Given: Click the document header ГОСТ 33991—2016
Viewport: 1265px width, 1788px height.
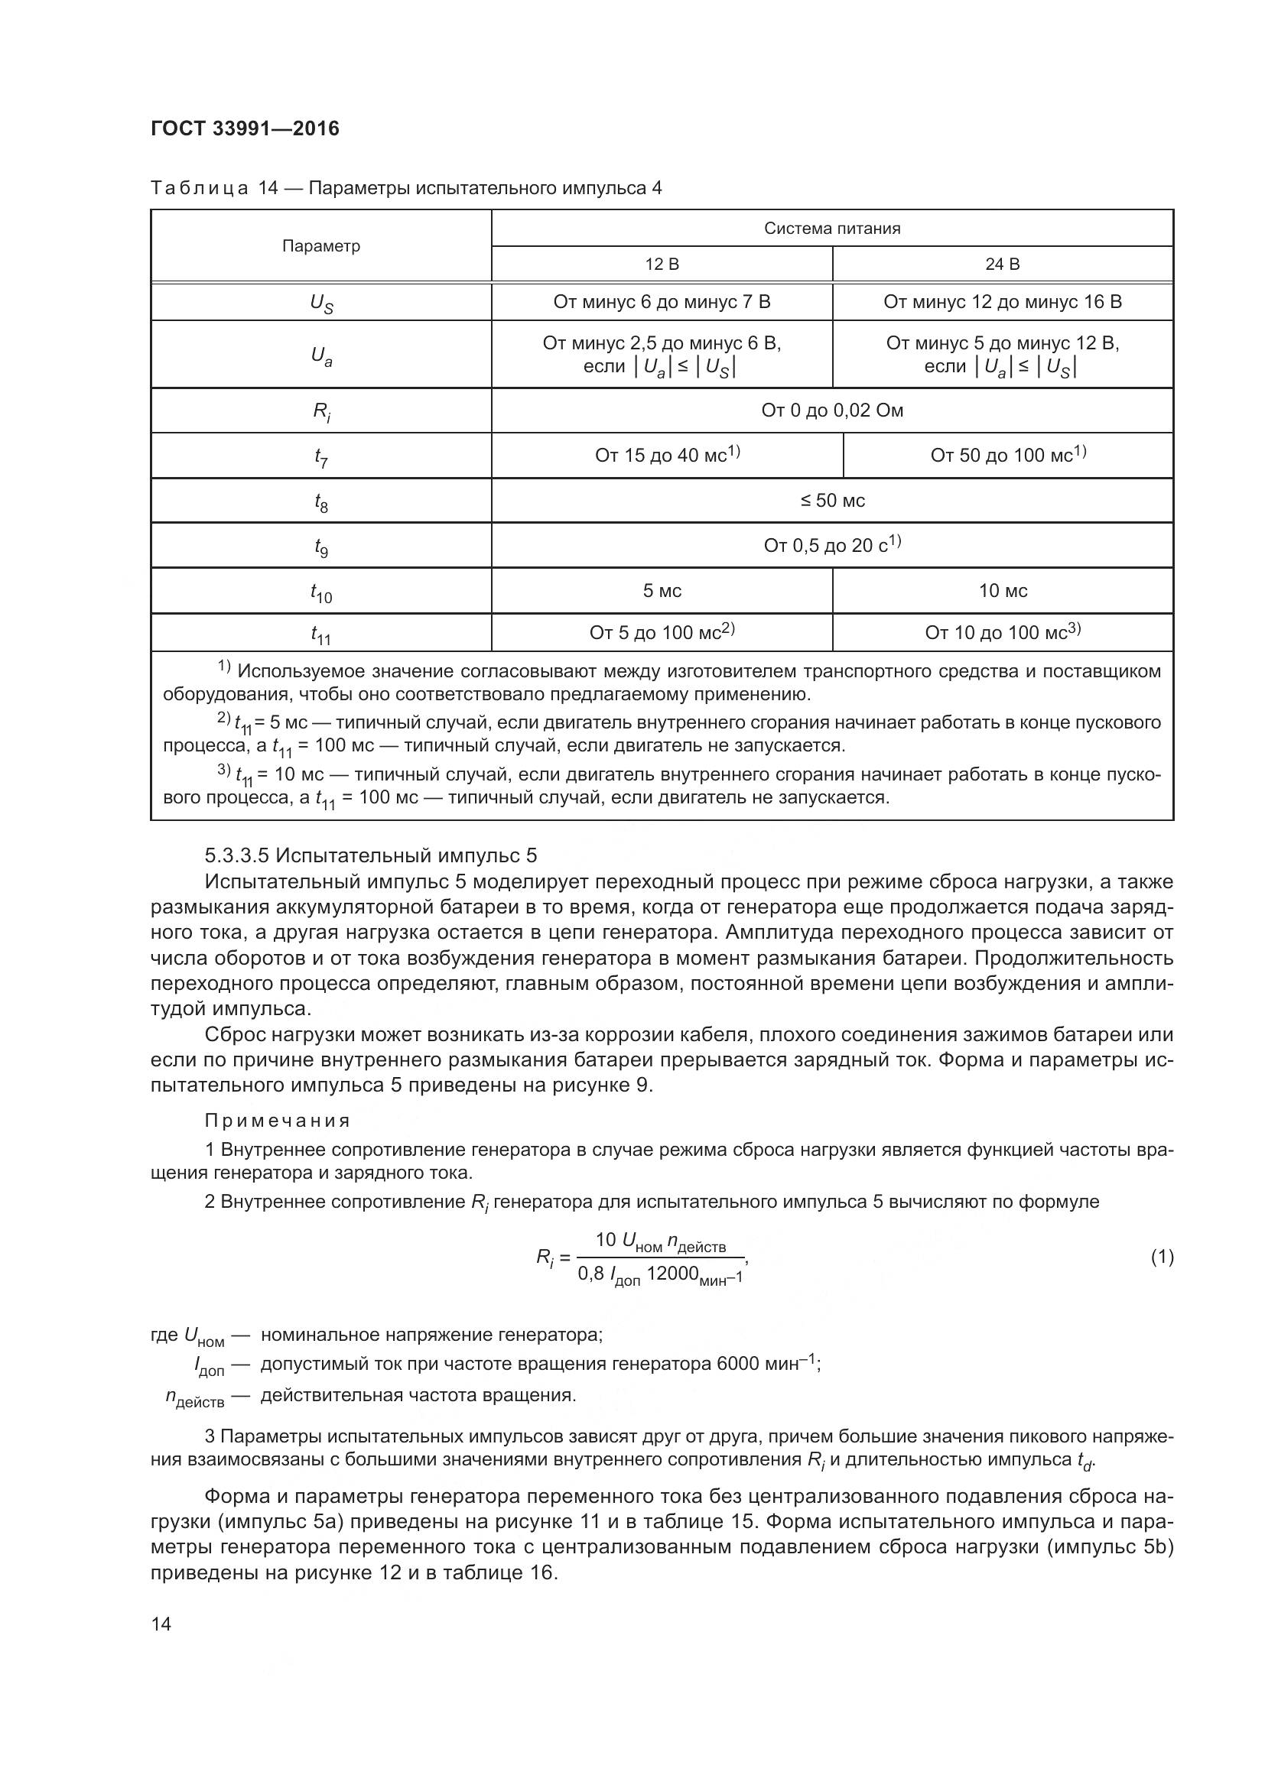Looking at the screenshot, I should click(x=245, y=129).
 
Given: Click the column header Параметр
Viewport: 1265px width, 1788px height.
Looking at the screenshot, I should click(x=321, y=246).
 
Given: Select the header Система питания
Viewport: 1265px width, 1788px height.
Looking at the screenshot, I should click(x=832, y=228).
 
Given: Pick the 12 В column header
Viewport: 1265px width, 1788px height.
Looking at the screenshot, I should click(x=662, y=264).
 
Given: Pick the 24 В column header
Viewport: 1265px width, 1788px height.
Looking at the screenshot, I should click(x=1002, y=264).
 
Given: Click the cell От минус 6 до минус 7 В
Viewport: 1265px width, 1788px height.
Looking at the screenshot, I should click(x=662, y=302).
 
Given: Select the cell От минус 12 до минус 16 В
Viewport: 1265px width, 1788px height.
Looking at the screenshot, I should click(x=1002, y=302).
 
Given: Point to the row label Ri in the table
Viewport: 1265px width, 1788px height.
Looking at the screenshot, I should click(x=321, y=411).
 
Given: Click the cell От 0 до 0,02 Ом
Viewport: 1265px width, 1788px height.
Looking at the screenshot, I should click(x=832, y=410).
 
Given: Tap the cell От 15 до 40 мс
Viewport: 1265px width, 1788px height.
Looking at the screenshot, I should click(x=667, y=455).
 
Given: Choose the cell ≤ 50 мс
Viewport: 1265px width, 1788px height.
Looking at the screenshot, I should click(x=832, y=501).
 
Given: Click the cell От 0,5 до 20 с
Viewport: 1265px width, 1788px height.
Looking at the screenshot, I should click(x=832, y=545).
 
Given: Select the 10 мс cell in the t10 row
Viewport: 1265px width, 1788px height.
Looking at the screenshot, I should click(x=1003, y=590).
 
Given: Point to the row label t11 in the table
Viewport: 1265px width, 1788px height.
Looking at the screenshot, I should click(x=321, y=634).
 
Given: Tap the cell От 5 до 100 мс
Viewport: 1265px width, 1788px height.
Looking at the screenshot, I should click(x=662, y=632).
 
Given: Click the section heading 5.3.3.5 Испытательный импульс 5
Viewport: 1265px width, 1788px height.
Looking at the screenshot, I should click(x=371, y=856).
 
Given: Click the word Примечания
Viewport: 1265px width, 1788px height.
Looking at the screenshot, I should click(x=278, y=1121).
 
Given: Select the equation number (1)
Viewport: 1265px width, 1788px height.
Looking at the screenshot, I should click(x=1162, y=1257).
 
